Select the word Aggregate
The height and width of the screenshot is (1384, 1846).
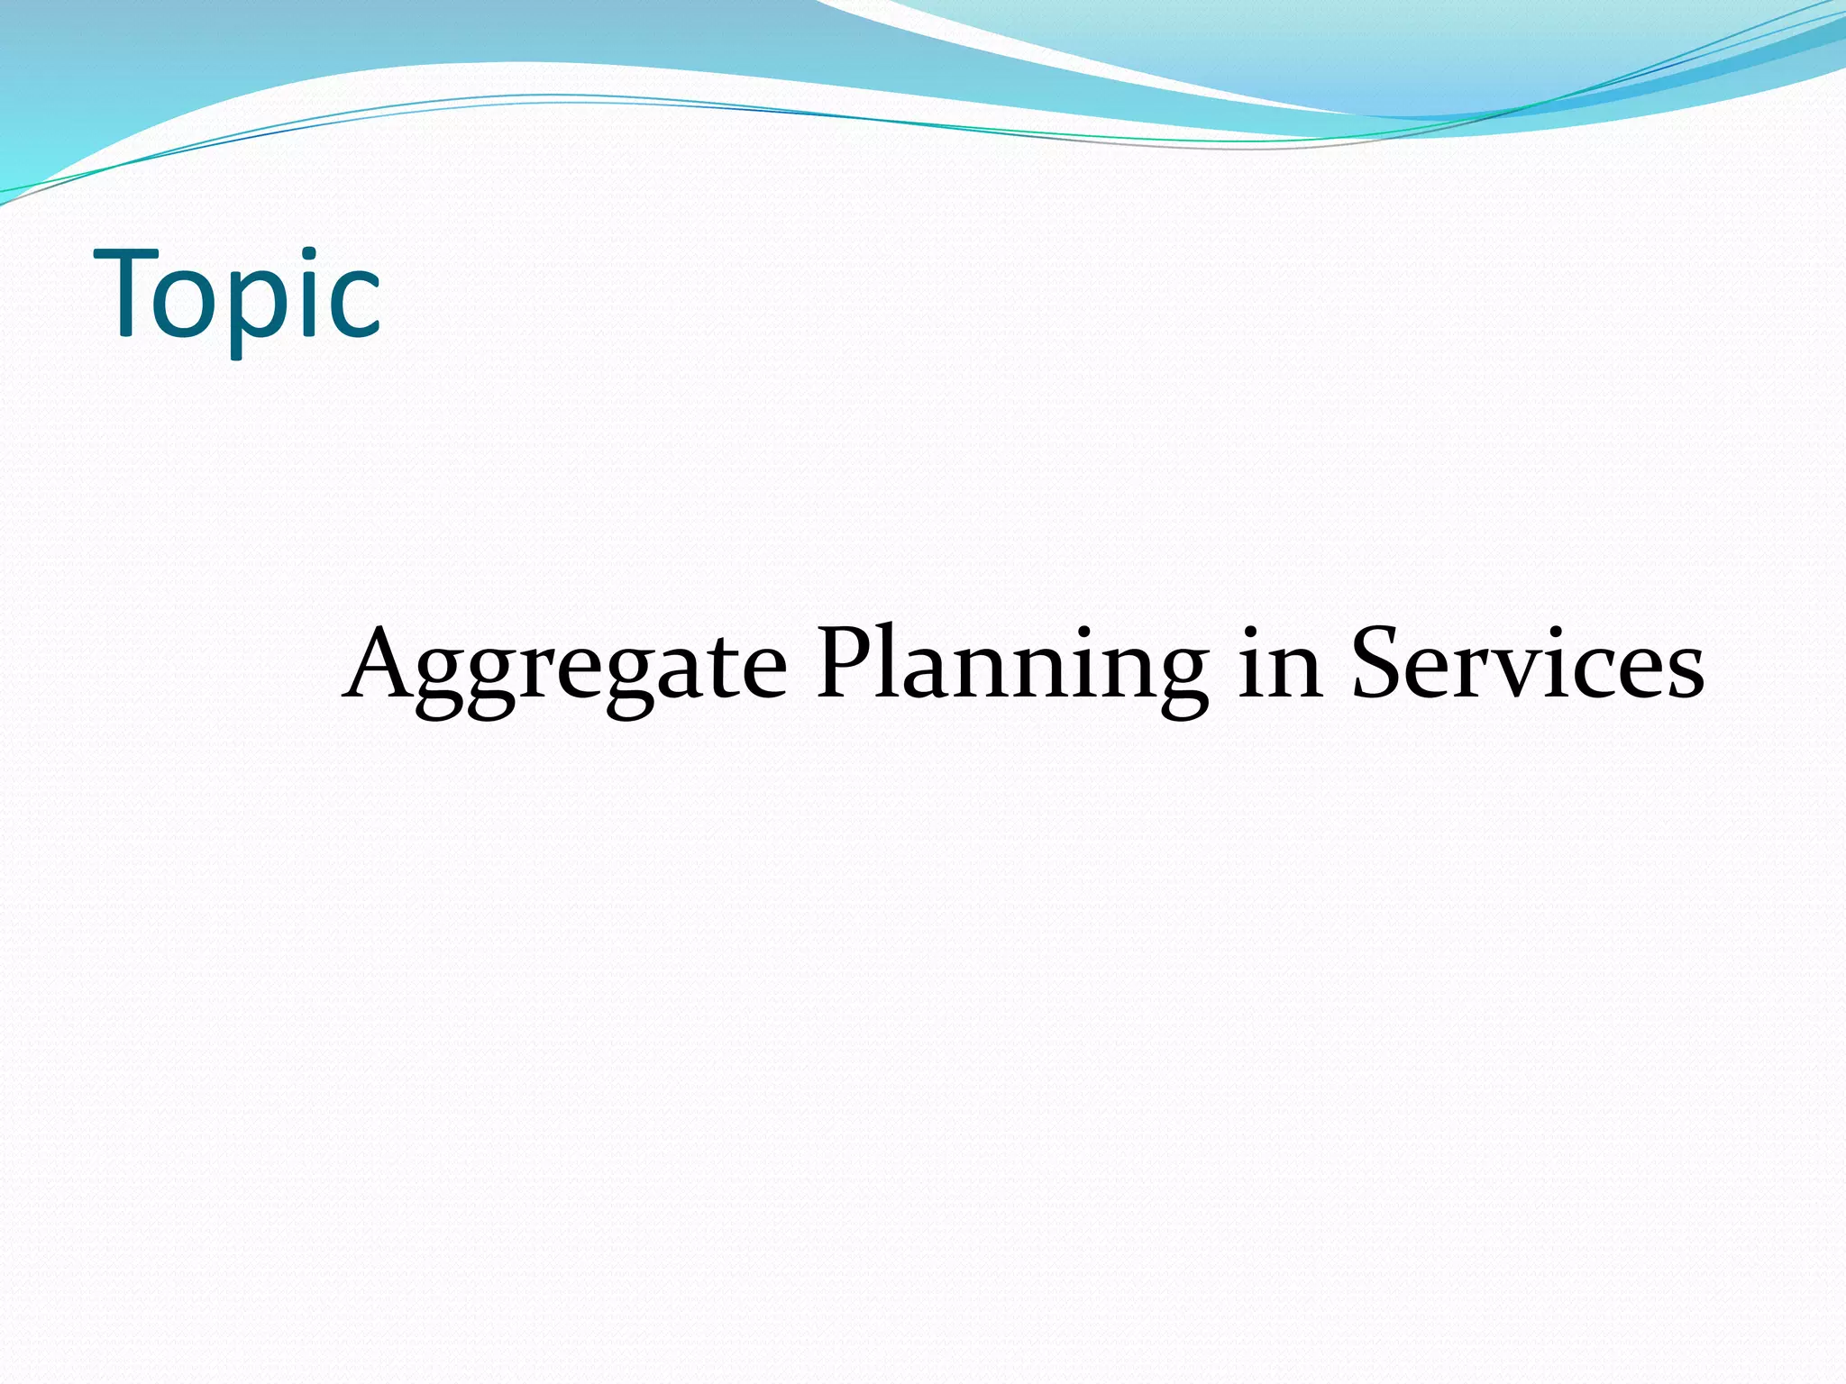pyautogui.click(x=565, y=667)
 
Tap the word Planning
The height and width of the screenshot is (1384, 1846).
pyautogui.click(x=1011, y=667)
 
